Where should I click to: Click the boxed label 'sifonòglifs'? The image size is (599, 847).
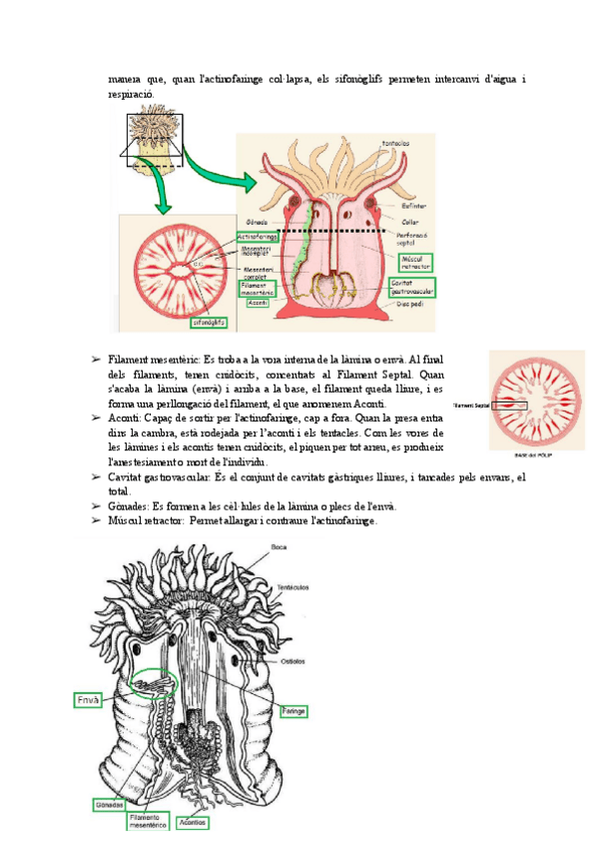[x=208, y=323]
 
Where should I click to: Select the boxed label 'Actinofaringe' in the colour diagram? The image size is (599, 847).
[x=257, y=238]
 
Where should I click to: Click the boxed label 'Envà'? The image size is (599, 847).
[x=88, y=700]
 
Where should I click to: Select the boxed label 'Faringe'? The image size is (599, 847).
[x=293, y=711]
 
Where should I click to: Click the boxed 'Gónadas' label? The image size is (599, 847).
[x=109, y=804]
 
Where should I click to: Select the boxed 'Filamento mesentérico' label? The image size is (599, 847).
[x=153, y=822]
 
